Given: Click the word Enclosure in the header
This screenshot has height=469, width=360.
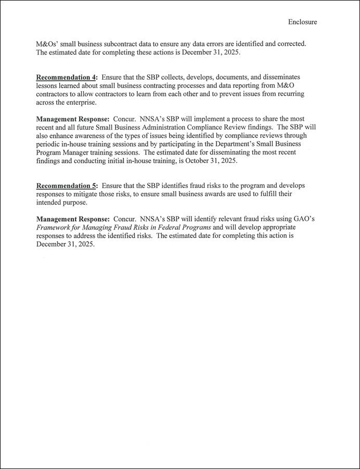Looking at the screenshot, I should [302, 22].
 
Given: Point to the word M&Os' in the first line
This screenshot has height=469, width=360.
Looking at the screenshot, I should [47, 44].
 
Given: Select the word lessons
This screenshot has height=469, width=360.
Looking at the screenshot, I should [48, 85].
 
